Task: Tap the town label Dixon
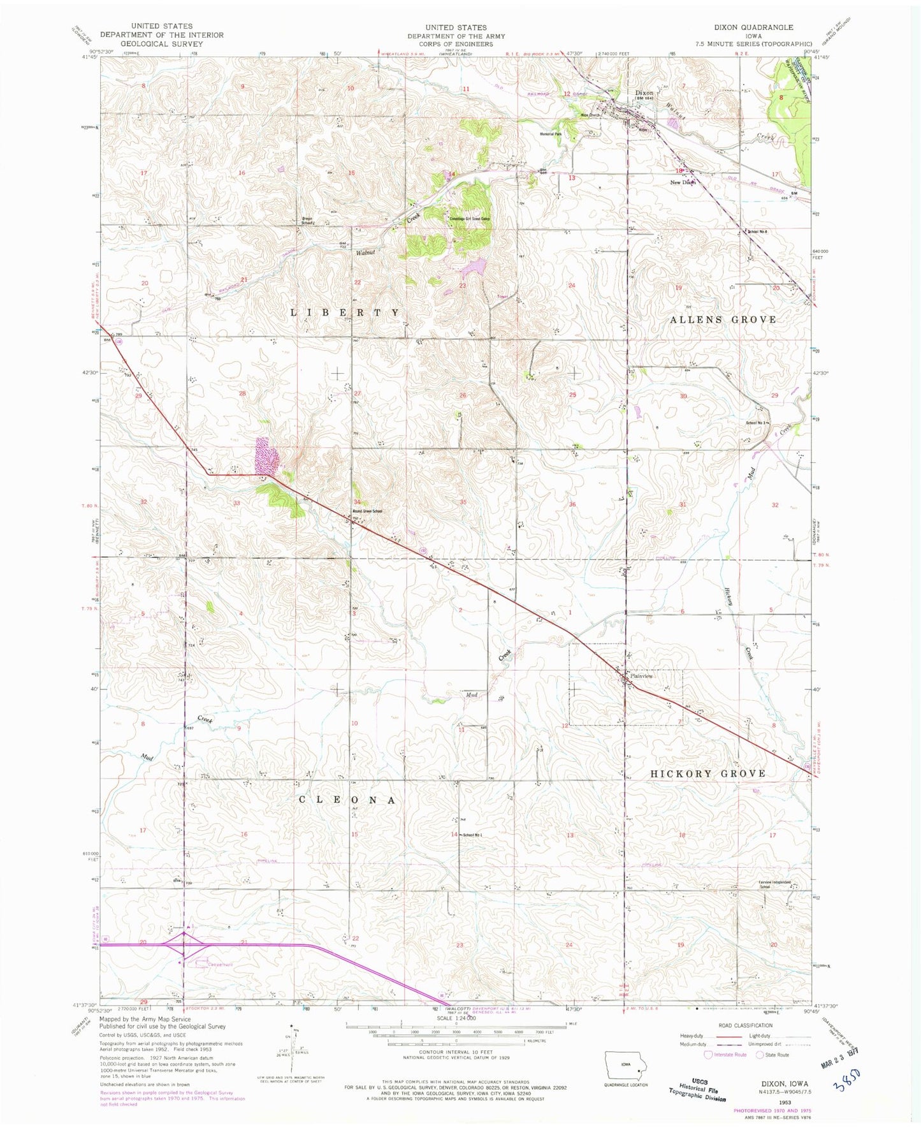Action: coord(644,93)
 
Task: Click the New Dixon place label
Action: coord(682,182)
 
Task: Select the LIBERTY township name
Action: coord(345,312)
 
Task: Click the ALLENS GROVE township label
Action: coord(722,319)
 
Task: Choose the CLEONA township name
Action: coord(348,800)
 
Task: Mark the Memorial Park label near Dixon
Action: coord(550,135)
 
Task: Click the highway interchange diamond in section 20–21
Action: coord(184,946)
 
